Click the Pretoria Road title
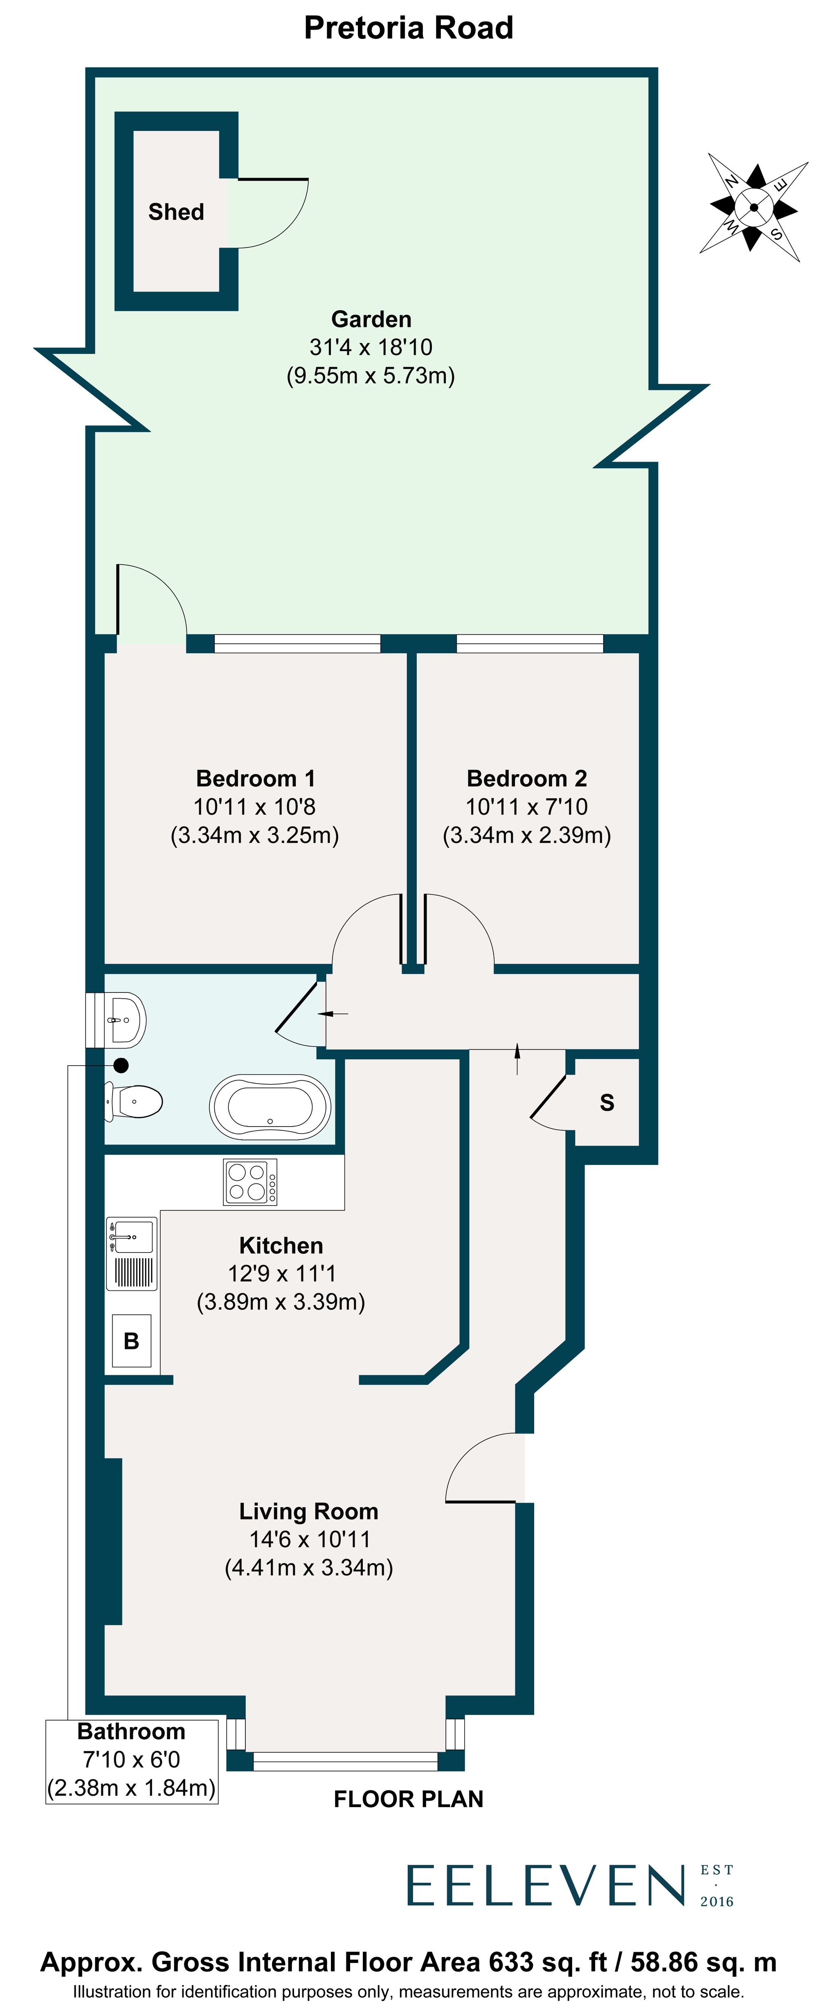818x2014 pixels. pos(408,28)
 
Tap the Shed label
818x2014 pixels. pos(176,212)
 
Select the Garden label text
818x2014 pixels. pos(371,319)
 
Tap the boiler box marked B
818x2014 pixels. pos(131,1341)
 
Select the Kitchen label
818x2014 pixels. pos(281,1246)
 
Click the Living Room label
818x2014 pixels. pos(308,1511)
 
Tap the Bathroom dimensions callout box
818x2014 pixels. pos(131,1761)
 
